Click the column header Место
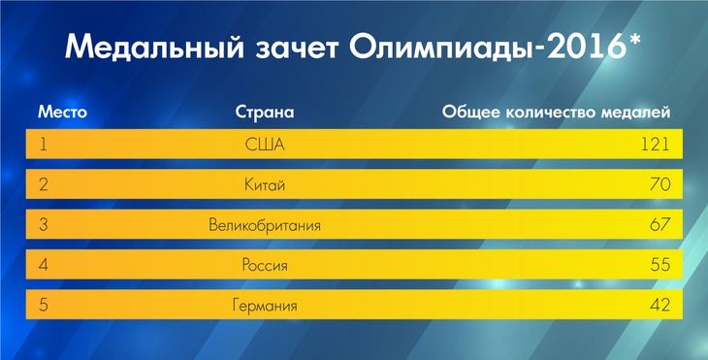click(63, 112)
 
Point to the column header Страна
click(265, 112)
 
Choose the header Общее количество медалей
click(557, 112)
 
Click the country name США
click(265, 145)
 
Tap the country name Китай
click(265, 184)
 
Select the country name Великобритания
click(265, 225)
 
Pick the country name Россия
click(265, 265)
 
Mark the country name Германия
click(265, 306)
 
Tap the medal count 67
click(660, 225)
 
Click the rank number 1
click(43, 145)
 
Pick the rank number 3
click(44, 225)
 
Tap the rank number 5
click(44, 306)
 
